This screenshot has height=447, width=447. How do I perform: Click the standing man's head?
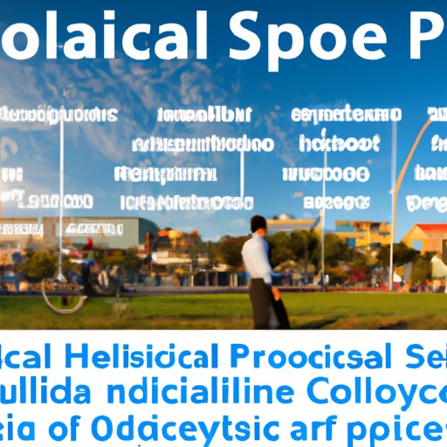click(257, 225)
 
